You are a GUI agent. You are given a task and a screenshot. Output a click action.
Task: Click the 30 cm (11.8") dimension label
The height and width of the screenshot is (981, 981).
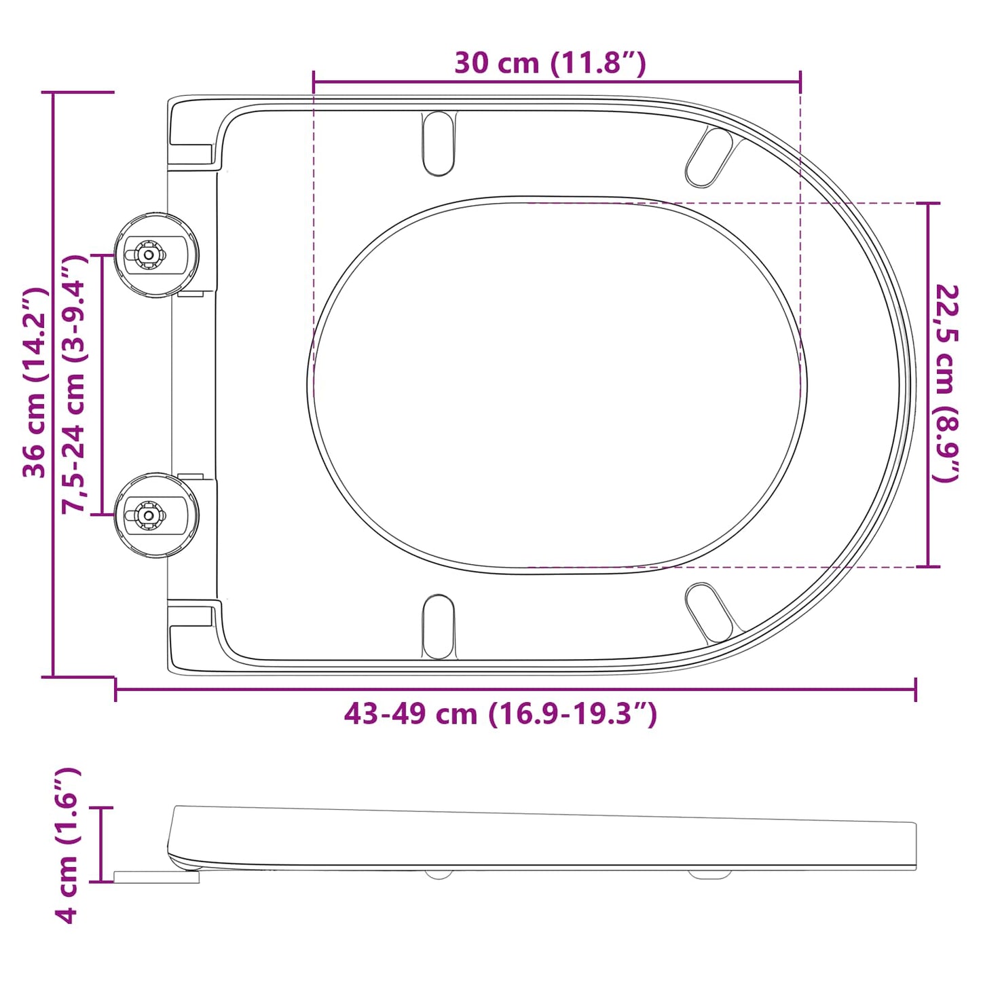tap(550, 63)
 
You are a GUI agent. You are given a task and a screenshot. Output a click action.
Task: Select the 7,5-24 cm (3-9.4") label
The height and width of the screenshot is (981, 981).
tap(75, 384)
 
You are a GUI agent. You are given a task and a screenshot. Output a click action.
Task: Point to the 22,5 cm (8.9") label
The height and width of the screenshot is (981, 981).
tap(946, 384)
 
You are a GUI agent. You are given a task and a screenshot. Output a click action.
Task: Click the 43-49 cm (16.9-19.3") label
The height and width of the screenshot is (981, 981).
tap(500, 714)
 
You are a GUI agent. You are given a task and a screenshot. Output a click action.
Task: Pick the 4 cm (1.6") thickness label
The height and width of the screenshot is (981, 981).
tap(67, 845)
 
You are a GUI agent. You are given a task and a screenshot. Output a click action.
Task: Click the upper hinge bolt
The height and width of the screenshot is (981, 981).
tap(147, 255)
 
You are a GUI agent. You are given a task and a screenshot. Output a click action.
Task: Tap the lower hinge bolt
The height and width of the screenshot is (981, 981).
tap(147, 515)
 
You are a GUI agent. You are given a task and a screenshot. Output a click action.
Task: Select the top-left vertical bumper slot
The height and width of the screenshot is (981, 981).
tap(439, 143)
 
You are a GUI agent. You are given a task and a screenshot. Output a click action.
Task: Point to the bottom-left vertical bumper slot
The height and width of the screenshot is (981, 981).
tap(439, 627)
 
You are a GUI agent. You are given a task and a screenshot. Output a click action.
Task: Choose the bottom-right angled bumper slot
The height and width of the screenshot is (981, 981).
tap(709, 613)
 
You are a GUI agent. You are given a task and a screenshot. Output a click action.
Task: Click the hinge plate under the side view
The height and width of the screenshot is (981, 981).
tap(156, 877)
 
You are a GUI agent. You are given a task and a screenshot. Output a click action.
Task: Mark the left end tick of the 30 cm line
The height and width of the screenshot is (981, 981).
tap(314, 81)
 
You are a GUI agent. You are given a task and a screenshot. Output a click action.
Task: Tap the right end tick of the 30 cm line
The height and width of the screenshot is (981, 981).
tap(800, 81)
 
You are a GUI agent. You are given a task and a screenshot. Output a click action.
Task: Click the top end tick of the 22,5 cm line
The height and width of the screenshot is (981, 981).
tap(928, 203)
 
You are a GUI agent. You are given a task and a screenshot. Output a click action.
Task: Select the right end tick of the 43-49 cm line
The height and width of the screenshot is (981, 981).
tap(915, 690)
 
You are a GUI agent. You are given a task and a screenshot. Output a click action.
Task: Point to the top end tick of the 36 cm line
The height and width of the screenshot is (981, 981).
tap(54, 92)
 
